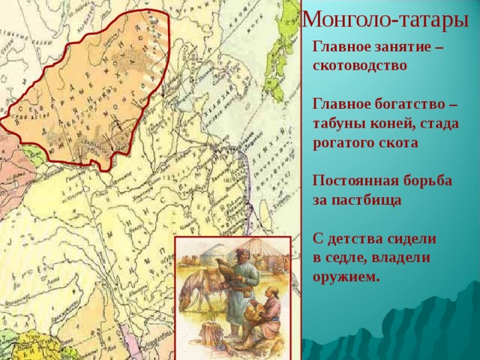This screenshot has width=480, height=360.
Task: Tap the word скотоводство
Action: [x=360, y=65]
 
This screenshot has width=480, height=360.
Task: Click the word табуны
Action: [x=339, y=122]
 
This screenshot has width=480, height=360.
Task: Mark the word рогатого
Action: [x=345, y=141]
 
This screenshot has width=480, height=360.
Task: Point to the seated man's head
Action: [x=274, y=289]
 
